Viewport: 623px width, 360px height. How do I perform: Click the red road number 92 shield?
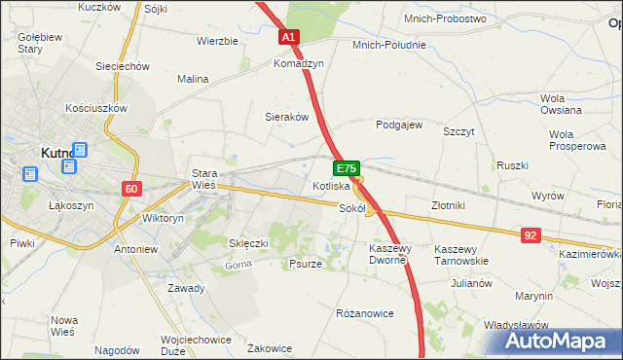(x=530, y=234)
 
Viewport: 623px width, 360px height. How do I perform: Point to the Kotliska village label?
(x=331, y=185)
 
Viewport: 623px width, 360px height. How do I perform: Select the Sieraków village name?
(x=287, y=116)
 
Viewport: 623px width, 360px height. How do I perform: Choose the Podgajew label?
(x=399, y=125)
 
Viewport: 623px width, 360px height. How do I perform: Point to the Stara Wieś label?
(x=203, y=179)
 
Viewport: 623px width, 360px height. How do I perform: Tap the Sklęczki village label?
(x=247, y=242)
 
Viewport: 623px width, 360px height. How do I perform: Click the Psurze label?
(x=306, y=263)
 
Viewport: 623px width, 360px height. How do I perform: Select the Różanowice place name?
(x=364, y=313)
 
